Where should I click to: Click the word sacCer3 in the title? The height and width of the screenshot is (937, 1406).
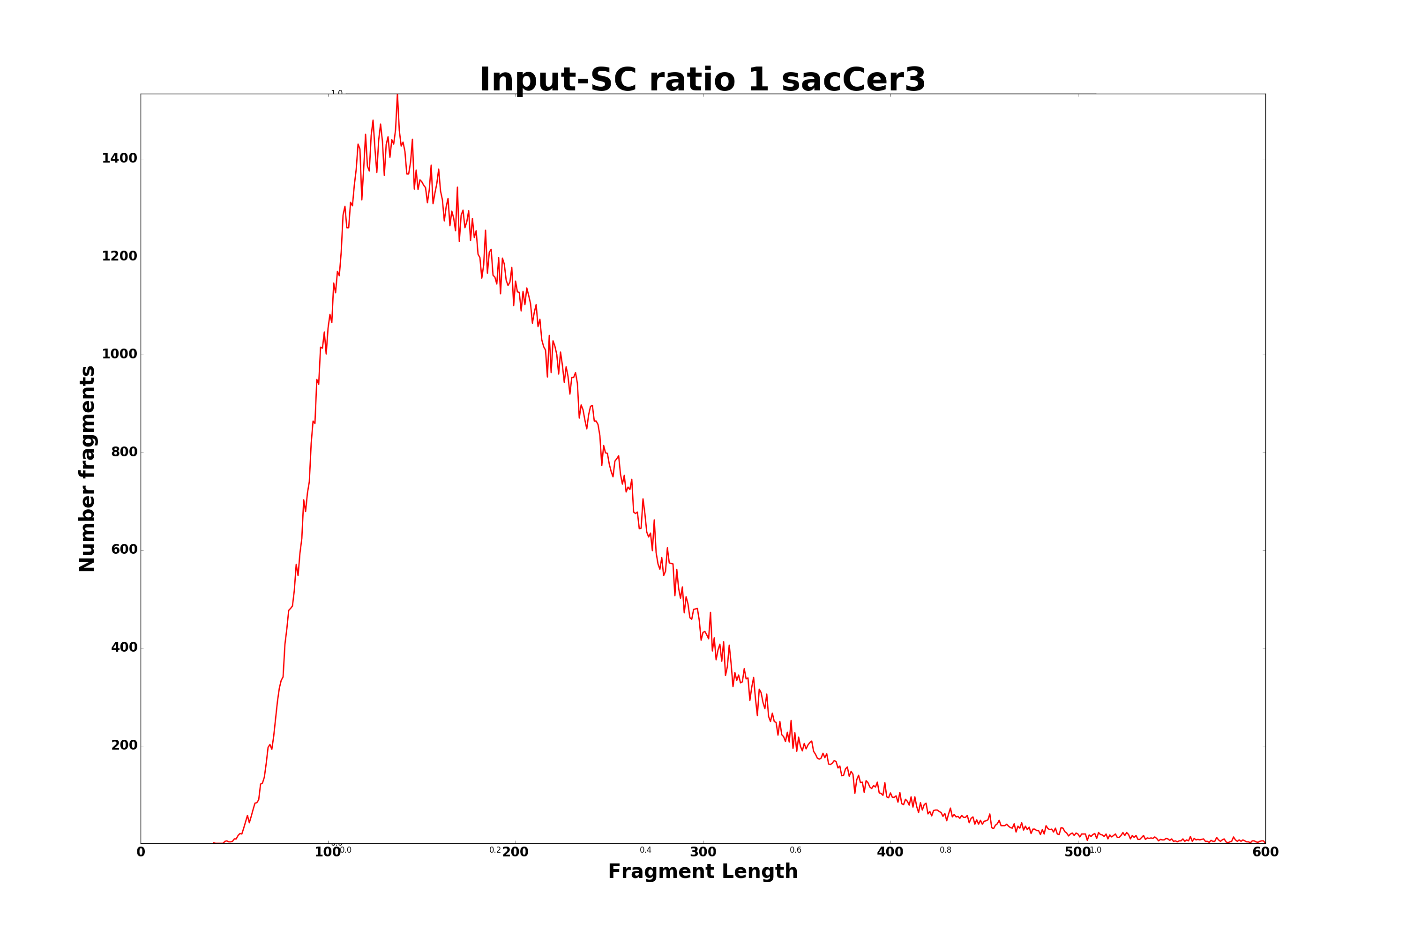[853, 80]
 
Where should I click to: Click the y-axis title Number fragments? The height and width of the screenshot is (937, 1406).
[87, 468]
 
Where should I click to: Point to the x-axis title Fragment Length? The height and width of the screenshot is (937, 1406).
[703, 871]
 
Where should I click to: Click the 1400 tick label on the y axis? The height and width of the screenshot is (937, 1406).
[120, 158]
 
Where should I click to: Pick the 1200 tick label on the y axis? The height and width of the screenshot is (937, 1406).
[120, 256]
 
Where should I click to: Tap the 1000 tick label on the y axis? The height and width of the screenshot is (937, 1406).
[120, 354]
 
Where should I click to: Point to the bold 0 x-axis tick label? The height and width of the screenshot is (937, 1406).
[141, 852]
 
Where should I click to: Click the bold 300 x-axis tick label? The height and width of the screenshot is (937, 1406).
[703, 852]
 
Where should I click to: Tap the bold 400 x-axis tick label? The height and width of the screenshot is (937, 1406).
[890, 852]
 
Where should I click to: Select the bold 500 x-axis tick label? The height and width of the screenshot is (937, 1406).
[1078, 852]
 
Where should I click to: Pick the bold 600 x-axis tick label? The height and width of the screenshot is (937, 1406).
[1265, 852]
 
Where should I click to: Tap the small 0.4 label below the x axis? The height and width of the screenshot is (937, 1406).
[646, 850]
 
